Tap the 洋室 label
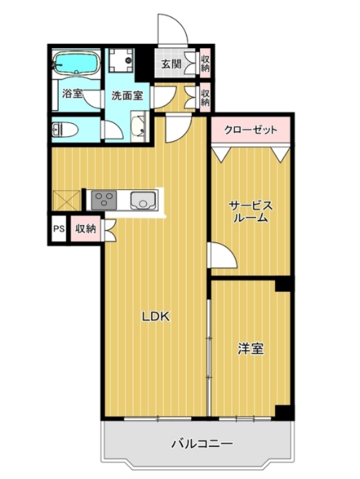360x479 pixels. click(250, 349)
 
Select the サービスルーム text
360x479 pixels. click(249, 210)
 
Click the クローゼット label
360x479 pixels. click(250, 130)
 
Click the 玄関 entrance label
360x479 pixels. click(172, 63)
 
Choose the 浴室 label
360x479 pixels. click(73, 94)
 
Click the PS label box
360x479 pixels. click(58, 229)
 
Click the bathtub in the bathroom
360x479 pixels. click(76, 63)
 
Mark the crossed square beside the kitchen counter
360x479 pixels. click(65, 199)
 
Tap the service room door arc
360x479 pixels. click(216, 257)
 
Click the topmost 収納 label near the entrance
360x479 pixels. click(206, 63)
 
